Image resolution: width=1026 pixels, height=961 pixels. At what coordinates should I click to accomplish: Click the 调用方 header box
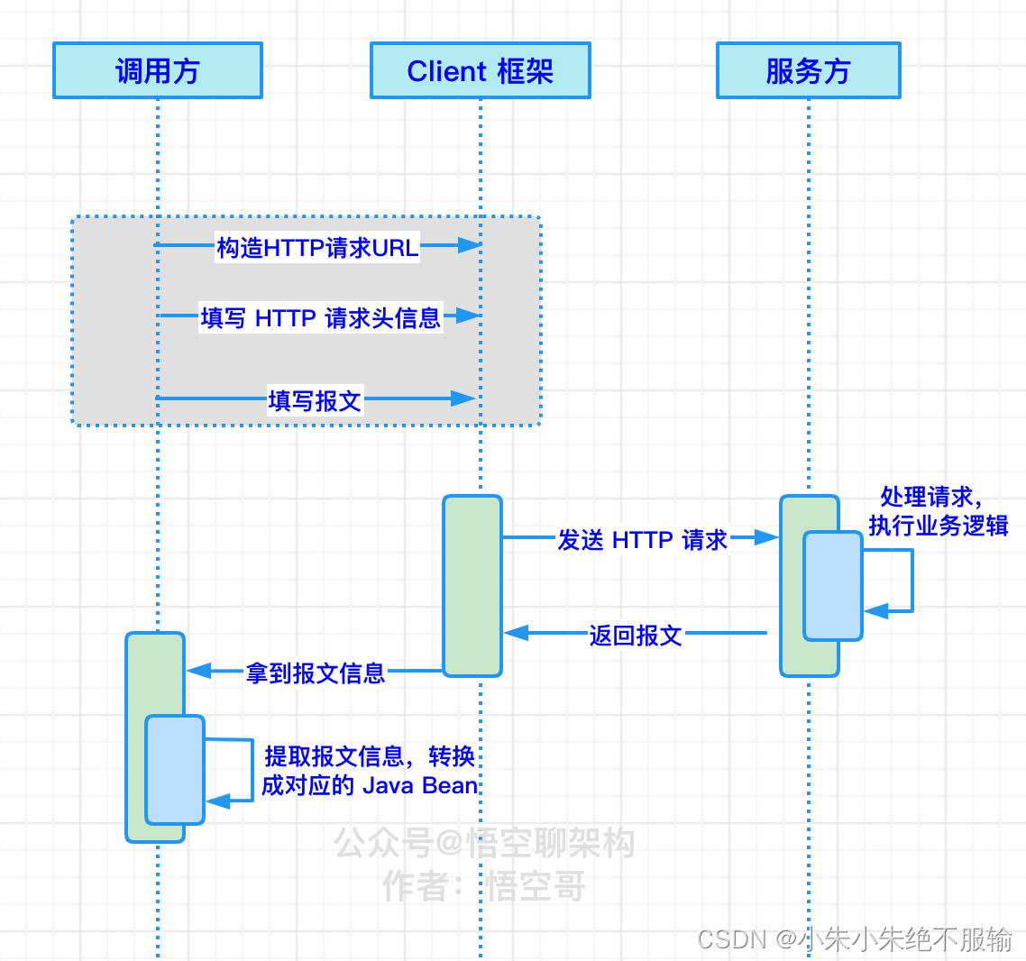click(158, 70)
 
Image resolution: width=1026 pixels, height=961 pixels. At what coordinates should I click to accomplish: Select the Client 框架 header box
click(480, 70)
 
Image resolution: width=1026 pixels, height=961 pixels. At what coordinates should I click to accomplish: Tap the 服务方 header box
click(808, 70)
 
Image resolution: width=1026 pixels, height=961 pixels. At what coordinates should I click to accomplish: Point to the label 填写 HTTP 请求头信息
click(320, 317)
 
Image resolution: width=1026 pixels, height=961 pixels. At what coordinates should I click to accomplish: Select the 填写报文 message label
click(315, 400)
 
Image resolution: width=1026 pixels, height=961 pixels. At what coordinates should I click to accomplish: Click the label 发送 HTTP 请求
click(642, 540)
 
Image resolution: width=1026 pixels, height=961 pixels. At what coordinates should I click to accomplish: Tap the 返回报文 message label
click(636, 636)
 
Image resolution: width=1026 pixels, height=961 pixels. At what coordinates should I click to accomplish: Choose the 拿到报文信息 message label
click(316, 673)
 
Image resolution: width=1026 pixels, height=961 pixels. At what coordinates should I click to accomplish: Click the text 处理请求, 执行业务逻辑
click(938, 511)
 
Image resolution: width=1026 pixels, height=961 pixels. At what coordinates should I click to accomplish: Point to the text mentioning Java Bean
click(370, 771)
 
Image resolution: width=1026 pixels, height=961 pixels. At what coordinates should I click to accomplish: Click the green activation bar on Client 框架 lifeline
click(472, 586)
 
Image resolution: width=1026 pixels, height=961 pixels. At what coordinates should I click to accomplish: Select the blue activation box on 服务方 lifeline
click(833, 586)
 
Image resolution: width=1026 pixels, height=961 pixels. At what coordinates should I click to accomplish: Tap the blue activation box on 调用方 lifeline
click(175, 770)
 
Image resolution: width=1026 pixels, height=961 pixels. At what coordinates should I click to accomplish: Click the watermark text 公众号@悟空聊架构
click(484, 844)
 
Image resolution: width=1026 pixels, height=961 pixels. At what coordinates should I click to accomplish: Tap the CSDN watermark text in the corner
click(855, 939)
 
